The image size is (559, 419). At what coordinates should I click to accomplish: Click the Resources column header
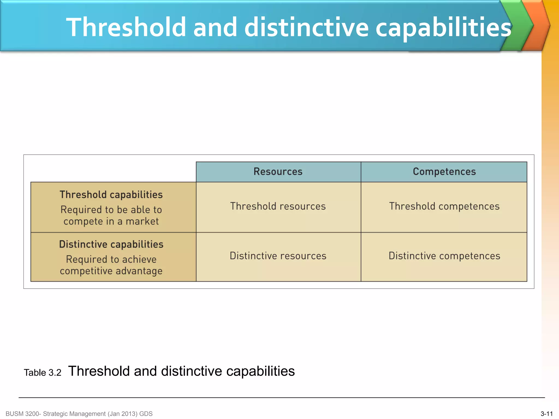point(278,172)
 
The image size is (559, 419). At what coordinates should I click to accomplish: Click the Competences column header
point(444,172)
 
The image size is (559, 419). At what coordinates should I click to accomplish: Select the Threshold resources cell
point(278,206)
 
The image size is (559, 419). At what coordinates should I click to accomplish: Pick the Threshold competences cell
point(444,206)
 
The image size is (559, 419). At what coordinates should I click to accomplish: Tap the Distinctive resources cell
point(278,256)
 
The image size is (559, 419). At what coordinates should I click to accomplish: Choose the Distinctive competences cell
point(444,256)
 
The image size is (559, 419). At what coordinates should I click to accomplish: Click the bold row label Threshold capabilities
point(111,195)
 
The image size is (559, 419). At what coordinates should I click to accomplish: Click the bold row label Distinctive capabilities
point(111,244)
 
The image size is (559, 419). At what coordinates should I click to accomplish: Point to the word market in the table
point(142,221)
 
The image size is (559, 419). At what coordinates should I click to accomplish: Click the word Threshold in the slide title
point(126,27)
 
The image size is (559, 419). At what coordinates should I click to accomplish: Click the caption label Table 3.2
point(43,373)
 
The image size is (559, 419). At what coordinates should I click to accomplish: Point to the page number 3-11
point(546,414)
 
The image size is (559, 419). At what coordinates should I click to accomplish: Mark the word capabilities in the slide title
point(443,27)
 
